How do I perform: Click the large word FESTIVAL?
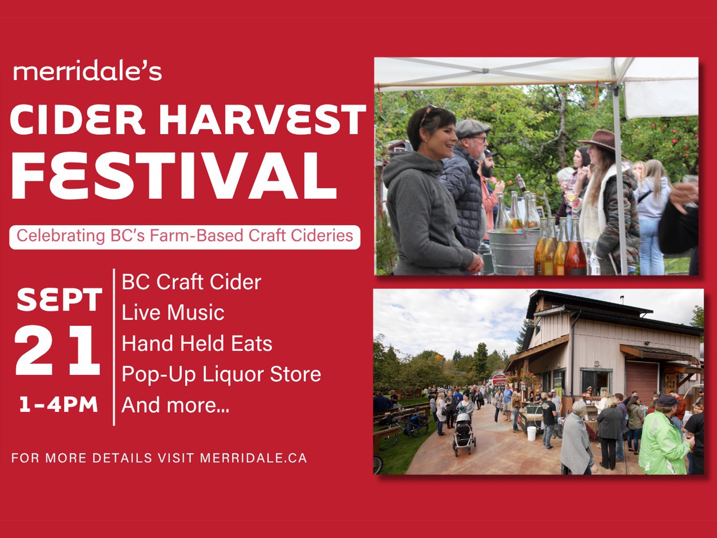coord(175,176)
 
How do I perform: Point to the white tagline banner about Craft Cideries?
coord(185,237)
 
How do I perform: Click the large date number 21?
coord(58,350)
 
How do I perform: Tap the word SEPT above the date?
coord(59,300)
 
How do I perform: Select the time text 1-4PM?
coord(59,405)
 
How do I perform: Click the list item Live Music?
coord(173,313)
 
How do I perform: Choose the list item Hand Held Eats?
coord(197,344)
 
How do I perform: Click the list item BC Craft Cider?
coord(192,282)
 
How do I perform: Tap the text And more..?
coord(176,405)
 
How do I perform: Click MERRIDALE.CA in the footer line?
coord(254,458)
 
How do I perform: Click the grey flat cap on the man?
coord(472,129)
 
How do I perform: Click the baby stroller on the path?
coord(464,435)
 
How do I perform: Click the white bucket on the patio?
coord(531,433)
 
